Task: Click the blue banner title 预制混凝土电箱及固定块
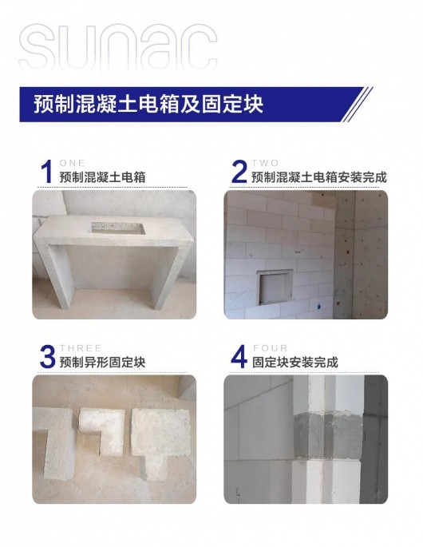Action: click(148, 104)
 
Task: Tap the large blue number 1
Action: click(47, 171)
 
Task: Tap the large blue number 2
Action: click(239, 171)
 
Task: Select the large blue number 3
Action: click(48, 356)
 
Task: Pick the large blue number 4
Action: click(239, 356)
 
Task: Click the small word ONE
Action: click(72, 163)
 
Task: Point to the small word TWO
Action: click(266, 163)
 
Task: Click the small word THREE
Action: click(81, 348)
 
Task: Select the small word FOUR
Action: click(271, 348)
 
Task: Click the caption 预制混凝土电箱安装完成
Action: click(319, 177)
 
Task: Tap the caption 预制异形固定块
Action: click(102, 363)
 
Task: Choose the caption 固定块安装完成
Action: click(295, 363)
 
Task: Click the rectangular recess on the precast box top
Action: click(118, 228)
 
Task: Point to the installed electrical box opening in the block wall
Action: click(275, 287)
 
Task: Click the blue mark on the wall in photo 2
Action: click(318, 307)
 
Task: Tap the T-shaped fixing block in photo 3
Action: click(160, 436)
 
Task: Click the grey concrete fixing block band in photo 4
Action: click(328, 437)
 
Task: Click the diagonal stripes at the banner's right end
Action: click(357, 105)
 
